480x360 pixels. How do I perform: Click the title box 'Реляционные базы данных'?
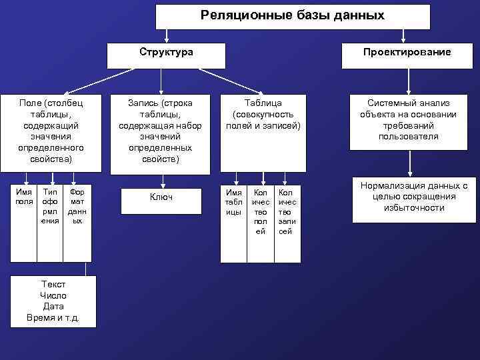coord(293,16)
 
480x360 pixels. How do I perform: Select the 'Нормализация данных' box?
coord(409,197)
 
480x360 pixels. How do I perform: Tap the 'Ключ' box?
coord(161,198)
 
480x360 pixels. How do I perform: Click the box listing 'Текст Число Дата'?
coord(53,301)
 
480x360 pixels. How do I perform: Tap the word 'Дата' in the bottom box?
coord(53,306)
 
